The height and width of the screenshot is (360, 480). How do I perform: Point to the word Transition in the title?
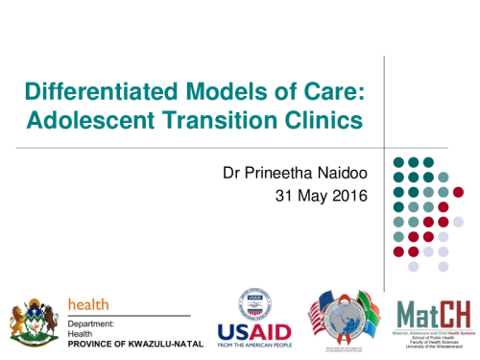pos(228,121)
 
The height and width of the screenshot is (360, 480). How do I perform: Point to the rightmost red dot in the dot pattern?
pos(458,222)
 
